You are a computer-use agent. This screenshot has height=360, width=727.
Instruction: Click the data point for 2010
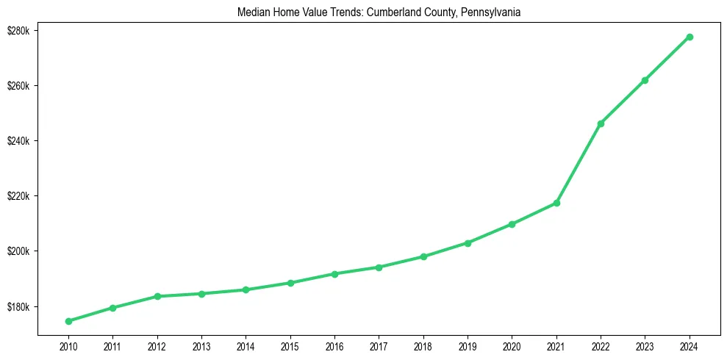tap(68, 321)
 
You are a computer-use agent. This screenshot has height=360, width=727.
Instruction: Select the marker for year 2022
tap(601, 123)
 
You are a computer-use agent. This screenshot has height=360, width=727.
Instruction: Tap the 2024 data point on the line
tap(690, 37)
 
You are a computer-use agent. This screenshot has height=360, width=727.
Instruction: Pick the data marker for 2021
tap(556, 203)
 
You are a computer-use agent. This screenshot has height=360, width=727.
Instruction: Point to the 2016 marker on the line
tap(334, 274)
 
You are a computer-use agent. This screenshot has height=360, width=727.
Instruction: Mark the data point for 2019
tap(468, 243)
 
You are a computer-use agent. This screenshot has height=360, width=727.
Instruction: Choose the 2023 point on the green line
tap(645, 80)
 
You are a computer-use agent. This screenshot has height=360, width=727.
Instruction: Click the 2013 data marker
tap(201, 294)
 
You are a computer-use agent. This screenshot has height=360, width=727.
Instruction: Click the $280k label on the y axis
tap(19, 31)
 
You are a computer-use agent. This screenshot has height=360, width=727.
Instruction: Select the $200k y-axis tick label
tap(19, 251)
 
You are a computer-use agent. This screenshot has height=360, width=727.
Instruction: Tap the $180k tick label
tap(19, 306)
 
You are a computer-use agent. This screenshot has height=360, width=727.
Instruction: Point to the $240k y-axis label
tap(19, 141)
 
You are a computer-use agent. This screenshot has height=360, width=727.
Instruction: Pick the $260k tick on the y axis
tap(19, 86)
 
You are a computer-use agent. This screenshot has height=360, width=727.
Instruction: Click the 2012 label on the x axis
tap(157, 345)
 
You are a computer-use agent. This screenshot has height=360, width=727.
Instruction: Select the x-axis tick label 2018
tap(423, 345)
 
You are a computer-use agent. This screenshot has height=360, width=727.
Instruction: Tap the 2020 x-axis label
tap(512, 345)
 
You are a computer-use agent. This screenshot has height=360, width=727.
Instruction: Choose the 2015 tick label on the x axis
tap(290, 345)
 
